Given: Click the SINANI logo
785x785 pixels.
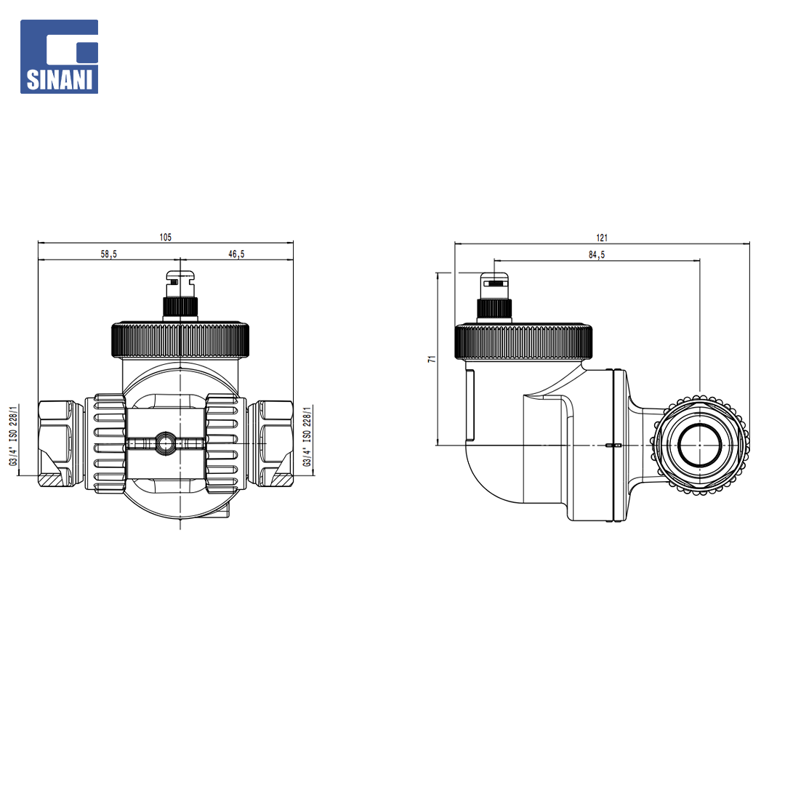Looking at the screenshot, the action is [59, 57].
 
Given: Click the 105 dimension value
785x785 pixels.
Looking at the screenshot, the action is [165, 237].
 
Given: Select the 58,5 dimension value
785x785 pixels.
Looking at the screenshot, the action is [108, 254].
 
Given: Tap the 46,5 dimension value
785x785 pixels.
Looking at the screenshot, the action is [236, 254].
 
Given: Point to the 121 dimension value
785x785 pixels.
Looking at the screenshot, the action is [602, 238].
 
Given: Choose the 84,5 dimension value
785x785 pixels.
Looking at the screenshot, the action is [597, 255].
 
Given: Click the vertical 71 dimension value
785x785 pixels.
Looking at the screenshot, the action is [432, 359].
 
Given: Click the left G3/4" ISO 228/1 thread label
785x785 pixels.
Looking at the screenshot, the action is [14, 435].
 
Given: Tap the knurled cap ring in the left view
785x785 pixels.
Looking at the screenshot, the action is [180, 340].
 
